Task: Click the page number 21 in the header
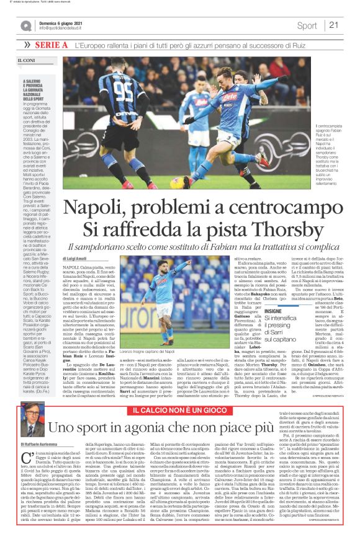[333, 25]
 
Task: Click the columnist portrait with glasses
[31, 412]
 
